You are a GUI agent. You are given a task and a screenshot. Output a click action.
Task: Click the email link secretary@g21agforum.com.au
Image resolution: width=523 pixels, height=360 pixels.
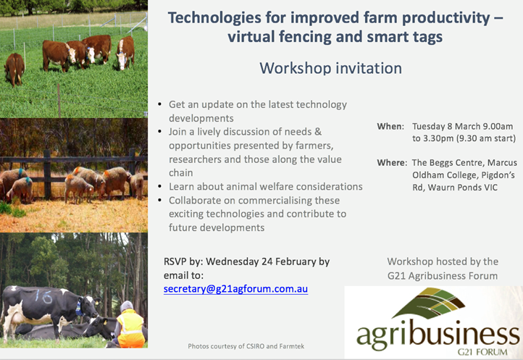pyautogui.click(x=235, y=288)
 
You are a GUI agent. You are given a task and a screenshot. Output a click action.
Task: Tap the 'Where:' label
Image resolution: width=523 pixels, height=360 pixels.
pyautogui.click(x=392, y=162)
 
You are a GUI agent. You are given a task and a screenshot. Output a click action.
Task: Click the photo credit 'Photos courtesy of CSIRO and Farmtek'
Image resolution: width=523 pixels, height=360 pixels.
pyautogui.click(x=246, y=346)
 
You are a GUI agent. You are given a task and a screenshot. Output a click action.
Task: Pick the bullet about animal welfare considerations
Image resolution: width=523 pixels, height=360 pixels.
pyautogui.click(x=265, y=187)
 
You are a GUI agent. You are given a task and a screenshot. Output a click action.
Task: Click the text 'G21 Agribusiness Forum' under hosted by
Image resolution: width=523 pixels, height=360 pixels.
pyautogui.click(x=442, y=275)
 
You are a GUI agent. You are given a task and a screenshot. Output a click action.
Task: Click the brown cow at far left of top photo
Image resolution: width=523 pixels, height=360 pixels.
pyautogui.click(x=14, y=69)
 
